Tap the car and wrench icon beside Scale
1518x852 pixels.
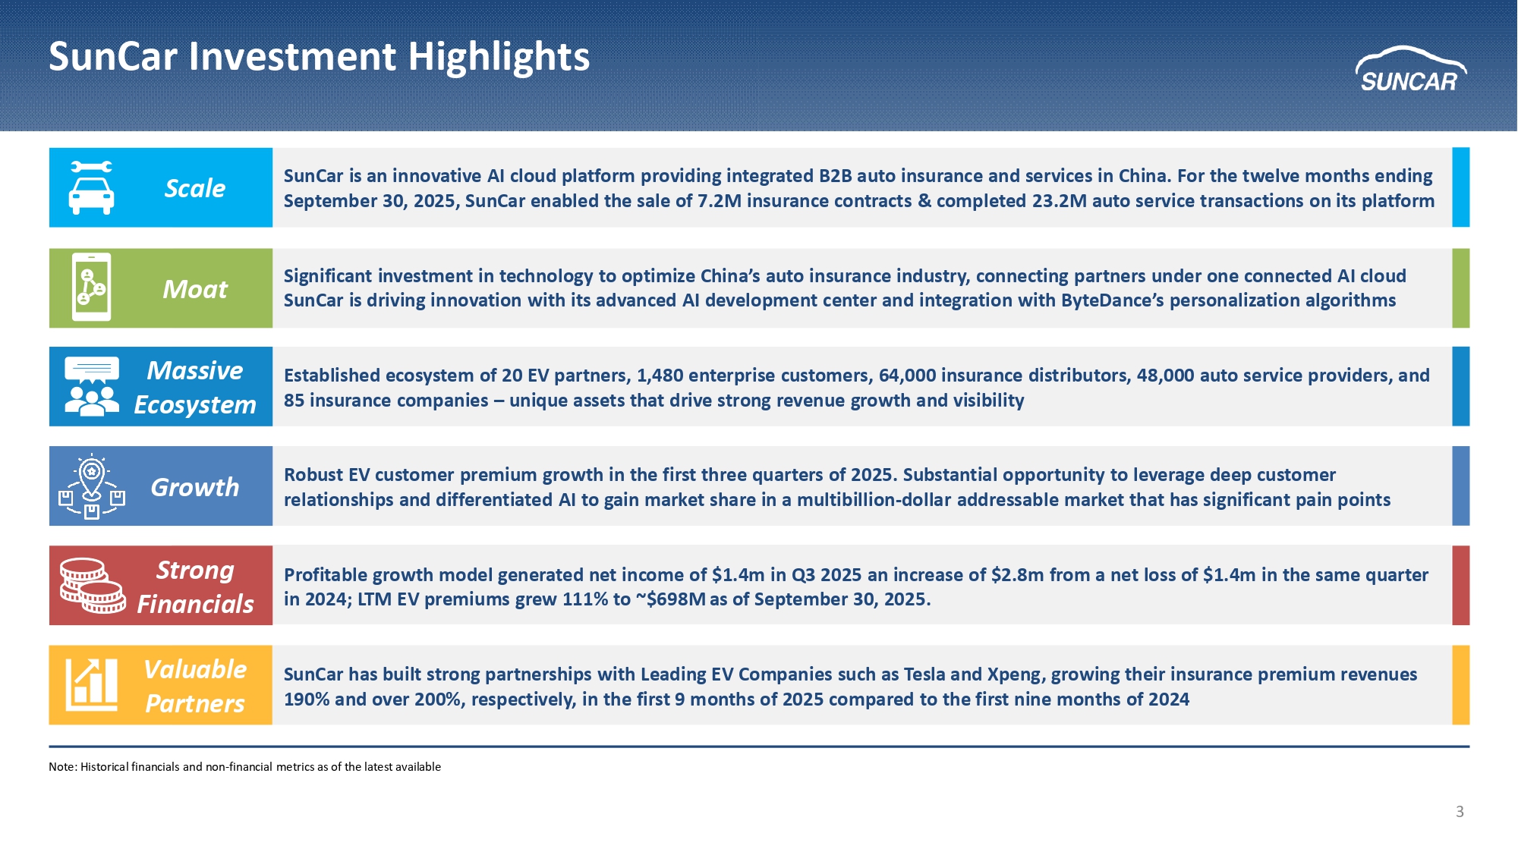click(91, 187)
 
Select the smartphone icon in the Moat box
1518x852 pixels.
click(91, 288)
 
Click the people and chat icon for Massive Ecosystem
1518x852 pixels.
click(92, 386)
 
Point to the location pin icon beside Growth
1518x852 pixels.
click(92, 486)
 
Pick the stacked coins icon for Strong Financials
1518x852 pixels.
click(93, 586)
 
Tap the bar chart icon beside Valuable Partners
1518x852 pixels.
click(92, 684)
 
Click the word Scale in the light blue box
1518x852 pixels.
click(195, 188)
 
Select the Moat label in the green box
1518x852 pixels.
click(195, 289)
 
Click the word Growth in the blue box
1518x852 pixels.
click(195, 487)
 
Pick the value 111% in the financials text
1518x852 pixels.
click(585, 599)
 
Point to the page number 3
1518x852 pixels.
click(1460, 812)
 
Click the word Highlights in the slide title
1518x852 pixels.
click(499, 57)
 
